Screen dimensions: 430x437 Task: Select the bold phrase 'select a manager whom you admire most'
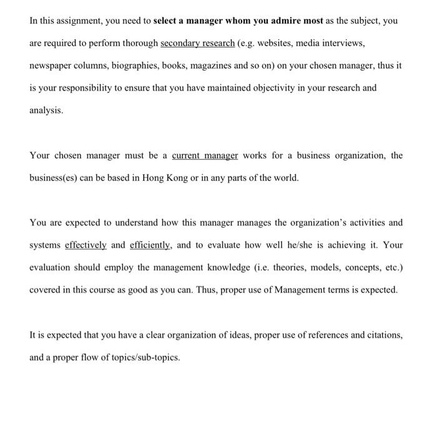tap(238, 21)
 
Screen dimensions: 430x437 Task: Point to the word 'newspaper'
tap(51, 66)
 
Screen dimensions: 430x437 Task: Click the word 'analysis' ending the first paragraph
tap(46, 110)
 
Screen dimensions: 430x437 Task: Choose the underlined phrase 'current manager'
tap(205, 155)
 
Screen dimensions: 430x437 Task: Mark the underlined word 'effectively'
tap(86, 245)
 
